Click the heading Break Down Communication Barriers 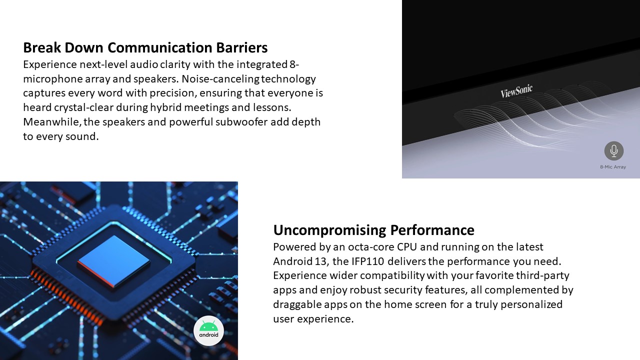pos(145,47)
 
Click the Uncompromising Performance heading pos(373,230)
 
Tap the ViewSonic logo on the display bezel pos(516,91)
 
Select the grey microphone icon pos(613,151)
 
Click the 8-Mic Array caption pos(613,167)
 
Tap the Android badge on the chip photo pos(208,330)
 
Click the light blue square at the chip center pos(114,260)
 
